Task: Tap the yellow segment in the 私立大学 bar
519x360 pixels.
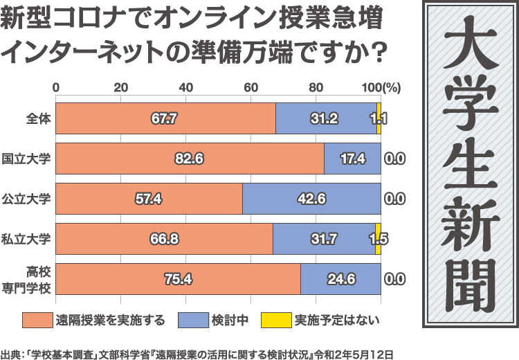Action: (378, 239)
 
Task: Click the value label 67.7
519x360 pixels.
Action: (164, 118)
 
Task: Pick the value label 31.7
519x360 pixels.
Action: (324, 239)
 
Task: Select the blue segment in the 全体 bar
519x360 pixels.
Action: (325, 118)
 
